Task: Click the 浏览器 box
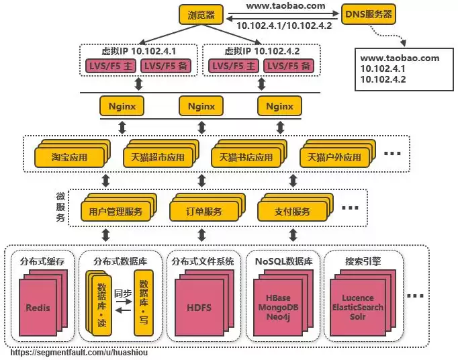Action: pyautogui.click(x=201, y=13)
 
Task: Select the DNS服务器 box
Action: pyautogui.click(x=369, y=13)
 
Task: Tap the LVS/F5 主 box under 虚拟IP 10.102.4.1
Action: pyautogui.click(x=109, y=66)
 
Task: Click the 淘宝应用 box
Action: pyautogui.click(x=70, y=158)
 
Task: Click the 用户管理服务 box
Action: pyautogui.click(x=116, y=212)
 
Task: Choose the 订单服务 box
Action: pyautogui.click(x=204, y=212)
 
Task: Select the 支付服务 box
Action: pyautogui.click(x=293, y=212)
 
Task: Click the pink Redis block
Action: pyautogui.click(x=38, y=308)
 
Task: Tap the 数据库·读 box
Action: pyautogui.click(x=101, y=304)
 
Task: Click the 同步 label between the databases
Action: pyautogui.click(x=122, y=294)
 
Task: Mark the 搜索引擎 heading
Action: pyautogui.click(x=363, y=261)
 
